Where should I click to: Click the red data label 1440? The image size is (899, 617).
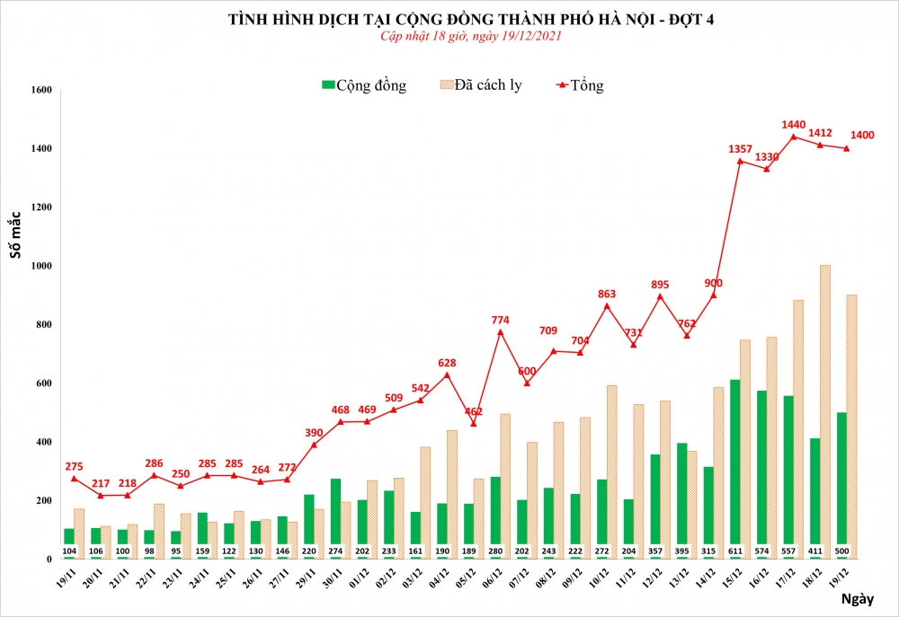(793, 125)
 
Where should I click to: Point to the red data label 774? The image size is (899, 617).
(500, 319)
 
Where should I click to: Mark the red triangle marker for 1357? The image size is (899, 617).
(740, 161)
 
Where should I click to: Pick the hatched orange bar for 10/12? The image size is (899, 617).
(612, 472)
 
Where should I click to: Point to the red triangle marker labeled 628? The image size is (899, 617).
(447, 375)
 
